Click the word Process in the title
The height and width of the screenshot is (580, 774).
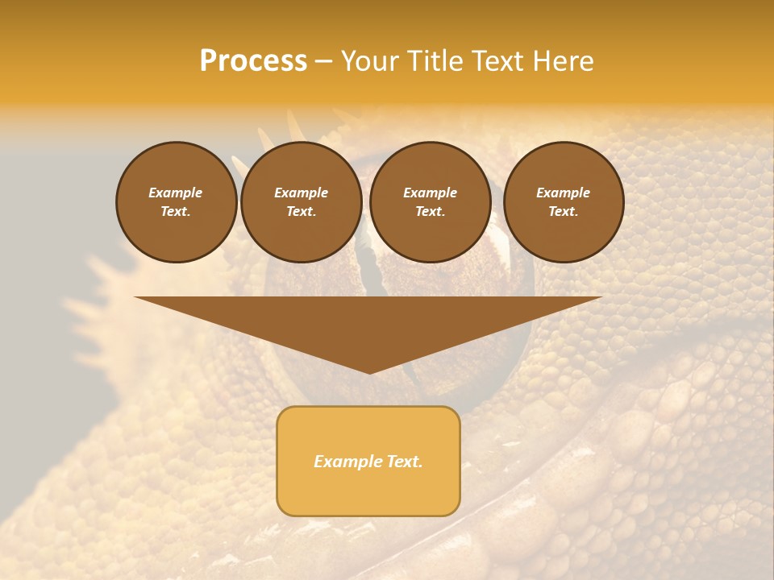[x=253, y=61]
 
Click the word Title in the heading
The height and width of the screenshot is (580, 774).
[x=433, y=61]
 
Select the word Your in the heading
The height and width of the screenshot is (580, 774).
[x=371, y=61]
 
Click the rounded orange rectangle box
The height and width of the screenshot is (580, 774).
[x=368, y=491]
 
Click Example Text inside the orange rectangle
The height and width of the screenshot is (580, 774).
[x=368, y=462]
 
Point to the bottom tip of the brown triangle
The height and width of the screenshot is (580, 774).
[x=369, y=372]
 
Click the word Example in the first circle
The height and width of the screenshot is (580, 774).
[x=176, y=193]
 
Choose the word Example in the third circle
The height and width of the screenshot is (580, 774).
[x=430, y=193]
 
